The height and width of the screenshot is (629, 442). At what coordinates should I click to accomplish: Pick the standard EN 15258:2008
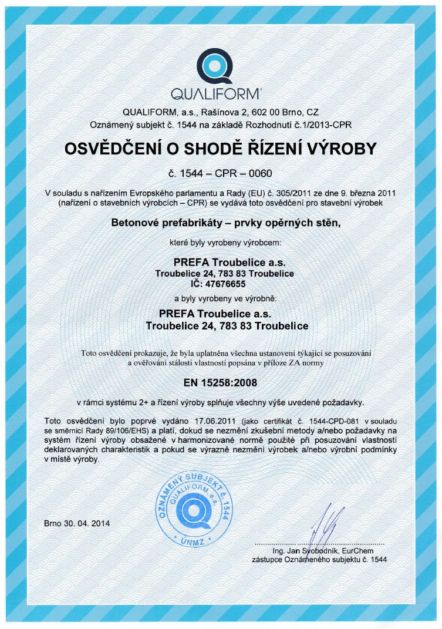(221, 382)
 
